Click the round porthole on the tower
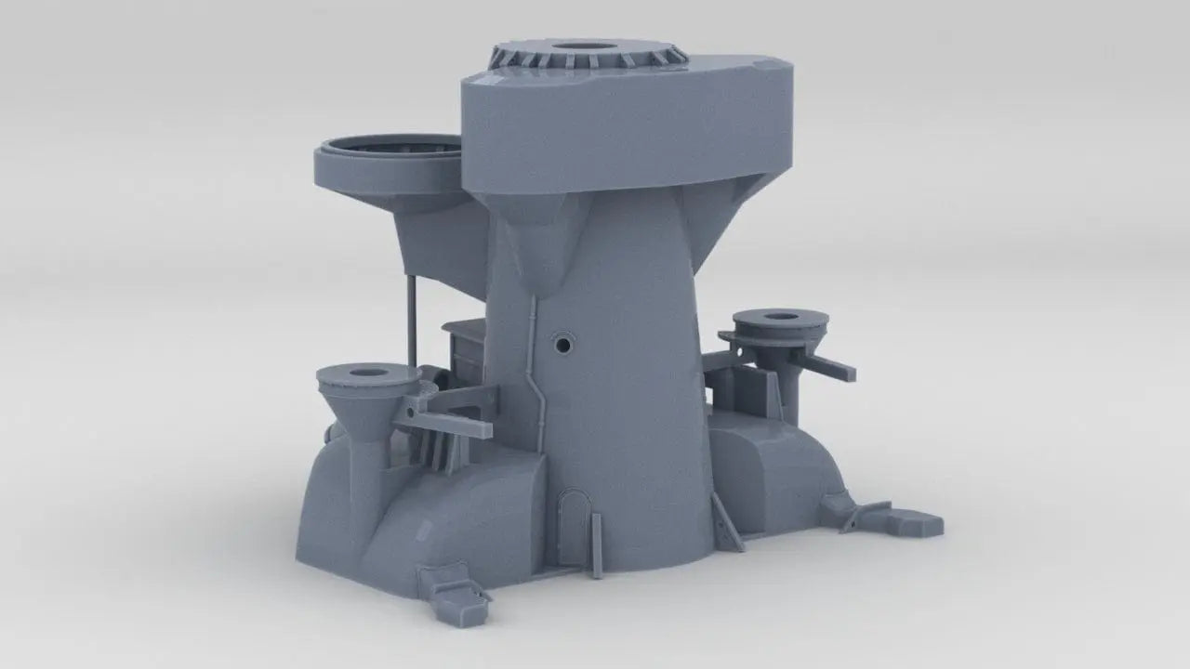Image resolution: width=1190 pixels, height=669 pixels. coord(562,345)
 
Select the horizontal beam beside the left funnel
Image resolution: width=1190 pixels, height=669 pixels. coord(446,428)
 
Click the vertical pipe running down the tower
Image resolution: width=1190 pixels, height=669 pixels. coord(535,372)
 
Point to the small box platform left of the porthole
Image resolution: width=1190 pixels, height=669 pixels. coord(464,353)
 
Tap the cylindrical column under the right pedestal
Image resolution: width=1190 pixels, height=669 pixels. coord(790,390)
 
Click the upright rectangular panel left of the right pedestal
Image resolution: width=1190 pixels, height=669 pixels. coord(762,395)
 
